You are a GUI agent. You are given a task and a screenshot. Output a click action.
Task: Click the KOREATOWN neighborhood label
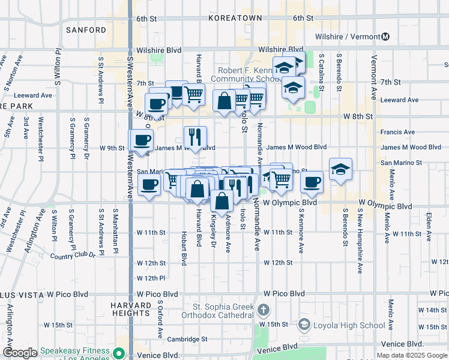pyautogui.click(x=235, y=18)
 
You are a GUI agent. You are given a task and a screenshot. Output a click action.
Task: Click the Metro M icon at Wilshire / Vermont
pyautogui.click(x=385, y=36)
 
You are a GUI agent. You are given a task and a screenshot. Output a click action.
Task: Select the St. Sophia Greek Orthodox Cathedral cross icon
pyautogui.click(x=263, y=310)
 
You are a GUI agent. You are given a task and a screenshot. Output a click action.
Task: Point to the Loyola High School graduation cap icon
pyautogui.click(x=304, y=325)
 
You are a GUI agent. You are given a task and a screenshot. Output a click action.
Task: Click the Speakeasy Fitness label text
pyautogui.click(x=75, y=351)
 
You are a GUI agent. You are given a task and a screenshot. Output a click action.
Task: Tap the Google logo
pyautogui.click(x=20, y=353)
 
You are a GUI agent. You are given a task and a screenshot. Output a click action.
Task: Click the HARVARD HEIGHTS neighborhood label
pyautogui.click(x=131, y=309)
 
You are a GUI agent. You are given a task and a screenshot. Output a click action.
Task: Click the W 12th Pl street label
pyautogui.click(x=151, y=278)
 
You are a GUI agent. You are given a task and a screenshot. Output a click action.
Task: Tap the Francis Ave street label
pyautogui.click(x=397, y=132)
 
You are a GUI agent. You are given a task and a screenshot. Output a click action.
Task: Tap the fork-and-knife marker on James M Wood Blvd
pyautogui.click(x=195, y=137)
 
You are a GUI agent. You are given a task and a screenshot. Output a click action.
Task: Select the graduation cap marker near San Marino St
pyautogui.click(x=340, y=169)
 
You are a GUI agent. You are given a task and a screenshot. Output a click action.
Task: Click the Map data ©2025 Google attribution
pyautogui.click(x=411, y=355)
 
